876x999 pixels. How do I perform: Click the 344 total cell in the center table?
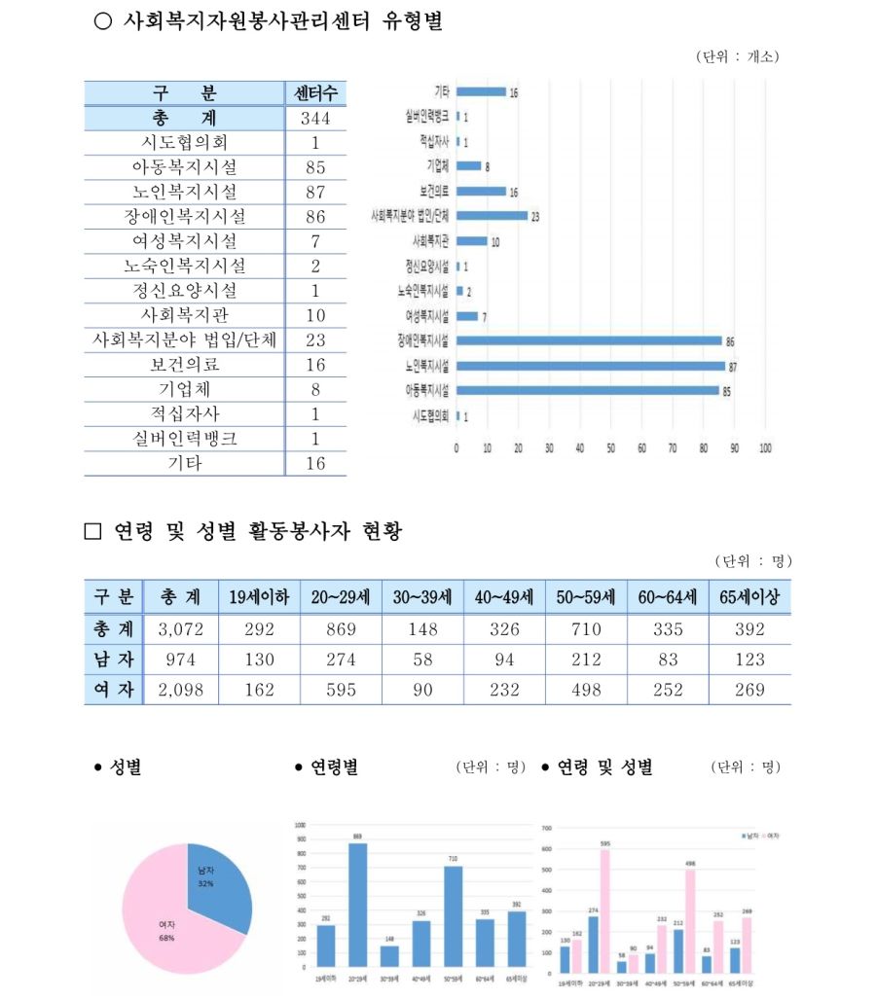[315, 119]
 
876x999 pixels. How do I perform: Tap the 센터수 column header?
[315, 94]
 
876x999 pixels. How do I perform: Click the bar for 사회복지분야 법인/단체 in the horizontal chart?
[492, 216]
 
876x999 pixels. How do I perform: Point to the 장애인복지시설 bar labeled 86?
[589, 340]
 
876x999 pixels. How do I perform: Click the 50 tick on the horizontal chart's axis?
[610, 448]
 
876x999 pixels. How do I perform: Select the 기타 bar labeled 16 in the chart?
[481, 91]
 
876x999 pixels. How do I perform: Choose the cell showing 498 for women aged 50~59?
[586, 690]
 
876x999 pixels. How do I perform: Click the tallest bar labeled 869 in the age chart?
[358, 900]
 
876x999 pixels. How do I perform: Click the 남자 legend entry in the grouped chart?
[750, 836]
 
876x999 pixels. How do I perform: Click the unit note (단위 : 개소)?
[738, 56]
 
